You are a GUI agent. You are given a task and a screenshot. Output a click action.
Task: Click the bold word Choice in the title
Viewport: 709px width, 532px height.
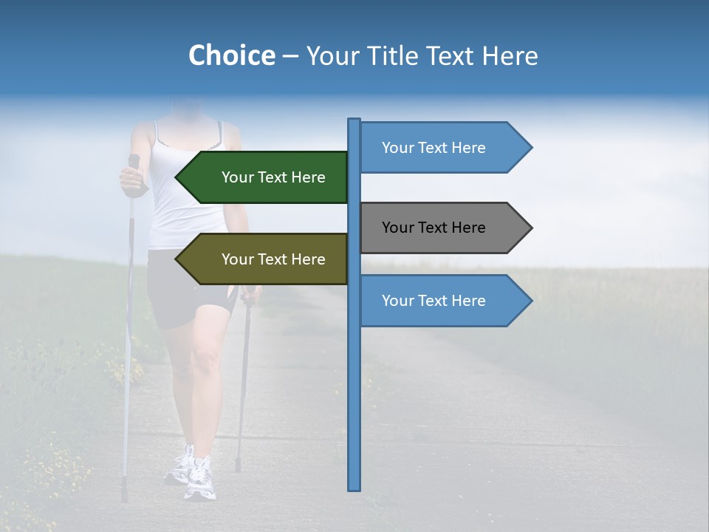231,55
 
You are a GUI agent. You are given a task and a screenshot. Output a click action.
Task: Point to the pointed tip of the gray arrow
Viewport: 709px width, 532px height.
531,228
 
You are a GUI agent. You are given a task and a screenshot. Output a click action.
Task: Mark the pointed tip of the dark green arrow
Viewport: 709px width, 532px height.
177,177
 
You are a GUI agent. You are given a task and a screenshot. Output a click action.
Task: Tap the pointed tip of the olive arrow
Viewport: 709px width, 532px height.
177,259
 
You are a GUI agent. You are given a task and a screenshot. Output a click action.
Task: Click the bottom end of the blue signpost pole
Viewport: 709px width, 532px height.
354,488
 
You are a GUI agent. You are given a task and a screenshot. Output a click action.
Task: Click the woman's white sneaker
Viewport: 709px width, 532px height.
198,477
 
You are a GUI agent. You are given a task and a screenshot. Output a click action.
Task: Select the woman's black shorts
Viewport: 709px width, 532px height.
185,288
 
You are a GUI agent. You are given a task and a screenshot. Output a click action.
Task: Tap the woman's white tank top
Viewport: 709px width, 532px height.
185,192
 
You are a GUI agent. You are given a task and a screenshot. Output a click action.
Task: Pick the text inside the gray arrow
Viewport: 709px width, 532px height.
434,228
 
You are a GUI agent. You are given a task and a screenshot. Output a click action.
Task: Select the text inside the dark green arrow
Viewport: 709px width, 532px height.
273,177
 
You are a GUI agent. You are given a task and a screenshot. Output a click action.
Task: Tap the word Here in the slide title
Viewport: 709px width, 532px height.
510,55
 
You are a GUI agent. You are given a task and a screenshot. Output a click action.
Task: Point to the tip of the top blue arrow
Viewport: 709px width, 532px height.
531,148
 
